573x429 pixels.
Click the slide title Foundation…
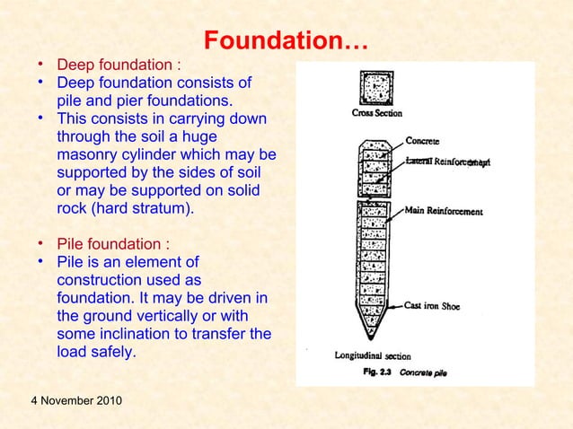pos(286,41)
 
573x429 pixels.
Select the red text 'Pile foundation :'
pos(112,244)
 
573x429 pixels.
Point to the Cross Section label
pos(376,114)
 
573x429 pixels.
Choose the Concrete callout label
pos(423,141)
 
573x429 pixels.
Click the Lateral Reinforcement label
pos(447,162)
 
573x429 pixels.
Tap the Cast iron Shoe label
pos(433,306)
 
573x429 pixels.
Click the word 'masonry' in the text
pos(86,156)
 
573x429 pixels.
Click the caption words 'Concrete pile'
pos(423,370)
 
